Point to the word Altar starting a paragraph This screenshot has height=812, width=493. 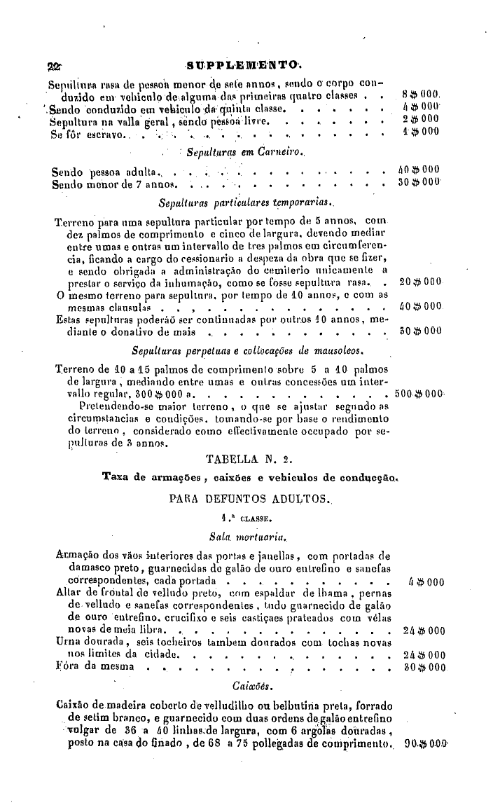pos(68,593)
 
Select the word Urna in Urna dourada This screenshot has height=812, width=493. pos(67,642)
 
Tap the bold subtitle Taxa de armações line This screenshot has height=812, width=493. pos(250,479)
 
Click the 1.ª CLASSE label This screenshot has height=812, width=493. pos(242,520)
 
